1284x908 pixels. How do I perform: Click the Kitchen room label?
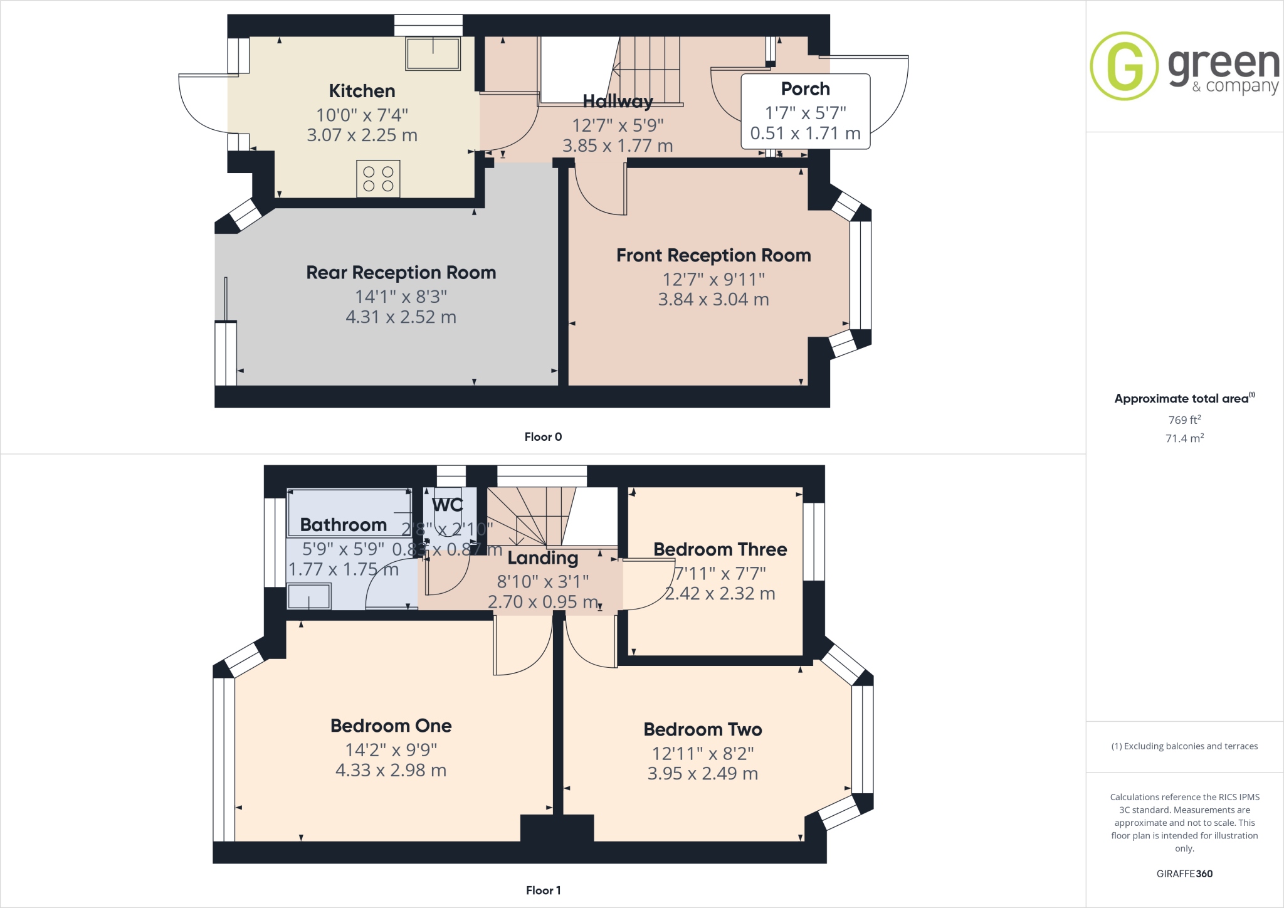pos(362,91)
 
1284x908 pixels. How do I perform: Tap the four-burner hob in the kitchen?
pos(378,179)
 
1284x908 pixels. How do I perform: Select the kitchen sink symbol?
pos(433,53)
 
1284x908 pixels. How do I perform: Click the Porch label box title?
pos(805,89)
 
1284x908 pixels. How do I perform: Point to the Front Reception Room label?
pos(713,255)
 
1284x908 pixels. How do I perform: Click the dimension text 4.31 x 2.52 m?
pos(401,317)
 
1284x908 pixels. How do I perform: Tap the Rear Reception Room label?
pos(401,273)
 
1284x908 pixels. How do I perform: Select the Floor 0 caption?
pos(543,437)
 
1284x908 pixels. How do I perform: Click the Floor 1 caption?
pos(543,890)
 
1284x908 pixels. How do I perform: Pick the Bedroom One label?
pos(391,726)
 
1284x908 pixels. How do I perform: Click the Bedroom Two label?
pos(702,729)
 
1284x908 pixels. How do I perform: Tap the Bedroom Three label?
pos(720,549)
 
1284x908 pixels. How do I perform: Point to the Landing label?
pos(542,557)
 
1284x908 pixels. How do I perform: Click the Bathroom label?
pos(343,525)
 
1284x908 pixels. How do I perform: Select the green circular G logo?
pos(1123,66)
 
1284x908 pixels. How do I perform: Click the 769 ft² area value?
pos(1184,420)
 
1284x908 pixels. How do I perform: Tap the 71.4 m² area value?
pos(1184,438)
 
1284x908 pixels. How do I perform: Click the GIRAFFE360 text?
pos(1184,874)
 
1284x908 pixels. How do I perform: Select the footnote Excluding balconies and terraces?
pos(1184,746)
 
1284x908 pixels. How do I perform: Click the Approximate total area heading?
pos(1182,399)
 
